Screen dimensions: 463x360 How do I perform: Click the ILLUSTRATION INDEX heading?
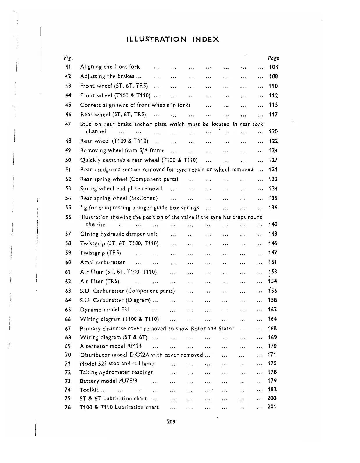173,39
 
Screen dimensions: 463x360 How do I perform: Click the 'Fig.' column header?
68,58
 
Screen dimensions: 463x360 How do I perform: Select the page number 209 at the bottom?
171,421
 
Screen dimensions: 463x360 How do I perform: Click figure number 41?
68,67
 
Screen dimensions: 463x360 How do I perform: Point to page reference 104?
273,67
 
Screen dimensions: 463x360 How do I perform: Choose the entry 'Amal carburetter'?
102,262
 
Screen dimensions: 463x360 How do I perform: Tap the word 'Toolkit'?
89,390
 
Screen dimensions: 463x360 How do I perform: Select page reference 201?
272,407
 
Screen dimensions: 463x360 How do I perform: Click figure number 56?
68,217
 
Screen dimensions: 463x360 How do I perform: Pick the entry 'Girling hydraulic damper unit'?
119,234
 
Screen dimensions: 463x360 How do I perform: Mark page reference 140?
273,224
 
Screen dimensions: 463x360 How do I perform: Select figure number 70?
68,355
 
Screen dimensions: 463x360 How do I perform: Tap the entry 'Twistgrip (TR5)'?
100,253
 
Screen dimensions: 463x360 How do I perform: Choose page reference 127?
273,160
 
